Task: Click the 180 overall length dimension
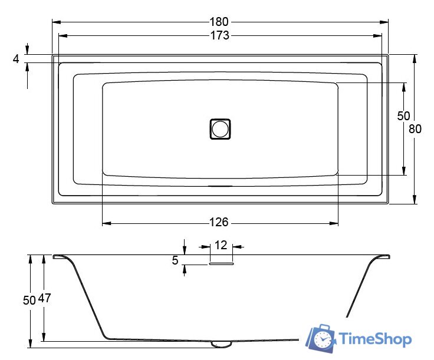pyautogui.click(x=220, y=22)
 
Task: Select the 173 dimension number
pyautogui.click(x=220, y=35)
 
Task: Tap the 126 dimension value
pyautogui.click(x=219, y=223)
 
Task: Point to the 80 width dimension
pyautogui.click(x=415, y=130)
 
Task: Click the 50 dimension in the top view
pyautogui.click(x=403, y=116)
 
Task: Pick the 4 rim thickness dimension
pyautogui.click(x=16, y=59)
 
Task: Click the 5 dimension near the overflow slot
pyautogui.click(x=175, y=260)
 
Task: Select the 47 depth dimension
pyautogui.click(x=45, y=298)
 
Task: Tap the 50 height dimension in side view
pyautogui.click(x=29, y=299)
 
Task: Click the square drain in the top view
pyautogui.click(x=220, y=129)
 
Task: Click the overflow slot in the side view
pyautogui.click(x=221, y=265)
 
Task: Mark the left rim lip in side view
pyautogui.click(x=60, y=256)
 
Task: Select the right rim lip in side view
pyautogui.click(x=382, y=256)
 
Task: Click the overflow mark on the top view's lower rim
pyautogui.click(x=220, y=185)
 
